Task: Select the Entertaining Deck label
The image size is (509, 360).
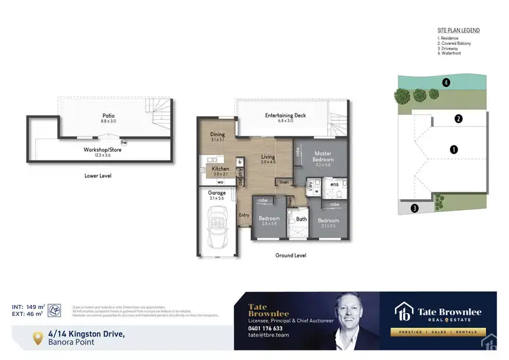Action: click(x=285, y=115)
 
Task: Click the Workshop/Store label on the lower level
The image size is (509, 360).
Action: click(x=102, y=149)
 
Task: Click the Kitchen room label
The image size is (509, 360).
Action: click(x=221, y=168)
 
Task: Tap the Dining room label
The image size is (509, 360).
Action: click(x=217, y=134)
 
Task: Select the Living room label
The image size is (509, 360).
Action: click(x=269, y=157)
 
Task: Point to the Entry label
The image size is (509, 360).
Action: click(x=244, y=215)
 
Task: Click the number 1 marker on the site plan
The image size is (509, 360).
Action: click(x=454, y=149)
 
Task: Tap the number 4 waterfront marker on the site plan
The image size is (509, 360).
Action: click(x=446, y=83)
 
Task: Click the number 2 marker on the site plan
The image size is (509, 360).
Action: click(x=459, y=119)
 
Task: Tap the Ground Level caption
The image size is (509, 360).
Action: click(x=290, y=255)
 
